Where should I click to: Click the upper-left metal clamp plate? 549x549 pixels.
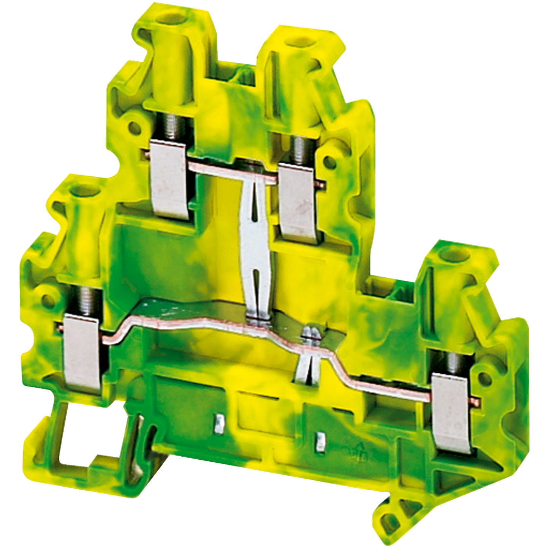[x=169, y=179]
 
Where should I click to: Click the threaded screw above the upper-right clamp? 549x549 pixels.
[x=300, y=150]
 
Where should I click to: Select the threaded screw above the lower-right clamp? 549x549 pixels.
[x=452, y=362]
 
